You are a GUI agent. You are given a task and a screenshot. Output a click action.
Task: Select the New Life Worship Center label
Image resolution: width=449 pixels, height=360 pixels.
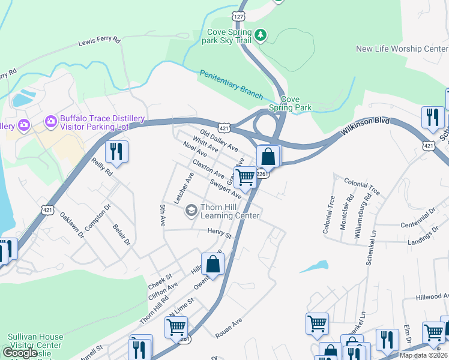click(402, 49)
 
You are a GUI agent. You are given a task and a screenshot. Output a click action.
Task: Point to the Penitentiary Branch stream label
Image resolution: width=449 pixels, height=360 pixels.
click(231, 85)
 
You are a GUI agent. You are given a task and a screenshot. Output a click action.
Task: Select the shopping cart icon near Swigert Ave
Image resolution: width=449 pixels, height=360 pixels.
click(245, 177)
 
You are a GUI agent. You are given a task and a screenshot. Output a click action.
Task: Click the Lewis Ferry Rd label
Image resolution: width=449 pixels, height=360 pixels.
click(100, 43)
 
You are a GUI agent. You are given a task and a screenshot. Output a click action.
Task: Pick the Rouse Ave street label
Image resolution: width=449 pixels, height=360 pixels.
click(229, 329)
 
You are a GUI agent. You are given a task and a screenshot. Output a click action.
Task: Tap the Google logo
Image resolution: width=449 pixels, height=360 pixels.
click(20, 352)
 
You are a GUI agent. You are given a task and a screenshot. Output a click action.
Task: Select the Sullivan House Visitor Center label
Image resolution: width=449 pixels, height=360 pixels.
click(34, 341)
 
